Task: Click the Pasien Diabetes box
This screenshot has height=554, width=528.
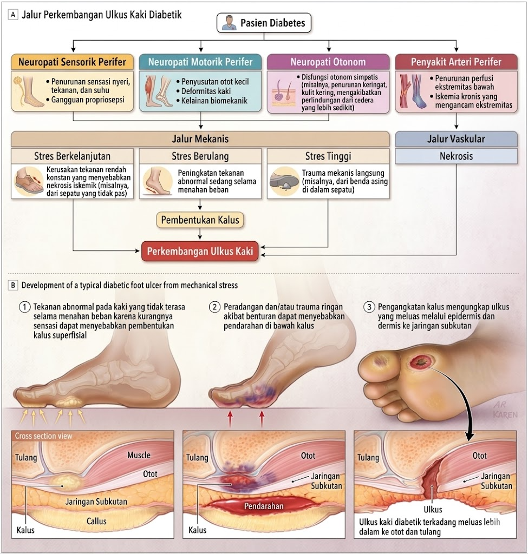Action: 264,23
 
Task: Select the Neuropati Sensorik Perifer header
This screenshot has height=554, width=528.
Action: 72,61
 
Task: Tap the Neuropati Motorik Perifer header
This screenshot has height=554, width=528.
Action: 200,61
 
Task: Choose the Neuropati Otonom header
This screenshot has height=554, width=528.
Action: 328,62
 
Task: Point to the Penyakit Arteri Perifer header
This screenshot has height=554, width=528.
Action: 455,61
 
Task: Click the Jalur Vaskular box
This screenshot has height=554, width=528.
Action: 455,138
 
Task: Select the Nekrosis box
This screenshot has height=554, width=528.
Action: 455,156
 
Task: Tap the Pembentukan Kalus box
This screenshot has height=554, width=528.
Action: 200,220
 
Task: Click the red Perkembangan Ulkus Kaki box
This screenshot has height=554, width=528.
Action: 200,252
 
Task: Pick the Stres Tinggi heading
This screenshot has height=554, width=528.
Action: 328,156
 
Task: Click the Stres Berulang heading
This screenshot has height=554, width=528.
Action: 200,156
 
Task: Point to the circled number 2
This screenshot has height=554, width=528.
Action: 214,307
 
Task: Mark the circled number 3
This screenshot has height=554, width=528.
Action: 369,307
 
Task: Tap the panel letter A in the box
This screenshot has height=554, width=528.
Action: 12,15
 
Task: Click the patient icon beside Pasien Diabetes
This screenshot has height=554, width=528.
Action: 228,23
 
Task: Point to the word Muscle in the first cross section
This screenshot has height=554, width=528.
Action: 139,455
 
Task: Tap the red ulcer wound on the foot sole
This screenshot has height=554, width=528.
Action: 420,360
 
